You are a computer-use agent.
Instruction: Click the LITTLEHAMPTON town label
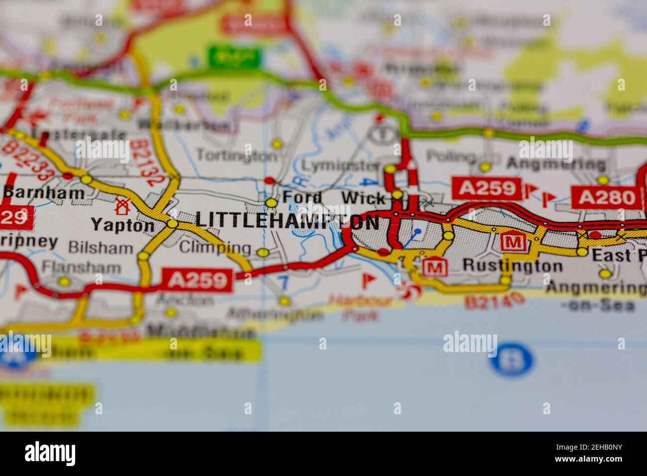tap(287, 220)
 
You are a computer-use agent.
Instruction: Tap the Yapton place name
tap(122, 225)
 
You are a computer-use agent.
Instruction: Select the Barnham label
tap(43, 193)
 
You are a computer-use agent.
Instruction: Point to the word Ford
tap(302, 197)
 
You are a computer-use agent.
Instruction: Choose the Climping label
tap(215, 247)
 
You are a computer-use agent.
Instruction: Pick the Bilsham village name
tap(101, 247)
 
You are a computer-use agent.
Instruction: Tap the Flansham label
tap(81, 267)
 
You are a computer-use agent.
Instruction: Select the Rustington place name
tap(512, 266)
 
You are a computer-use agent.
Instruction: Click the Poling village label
tap(451, 157)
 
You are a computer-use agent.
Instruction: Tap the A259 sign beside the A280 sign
tap(486, 188)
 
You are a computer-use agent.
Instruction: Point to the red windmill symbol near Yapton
tap(122, 205)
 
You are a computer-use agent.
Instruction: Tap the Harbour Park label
tap(361, 308)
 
